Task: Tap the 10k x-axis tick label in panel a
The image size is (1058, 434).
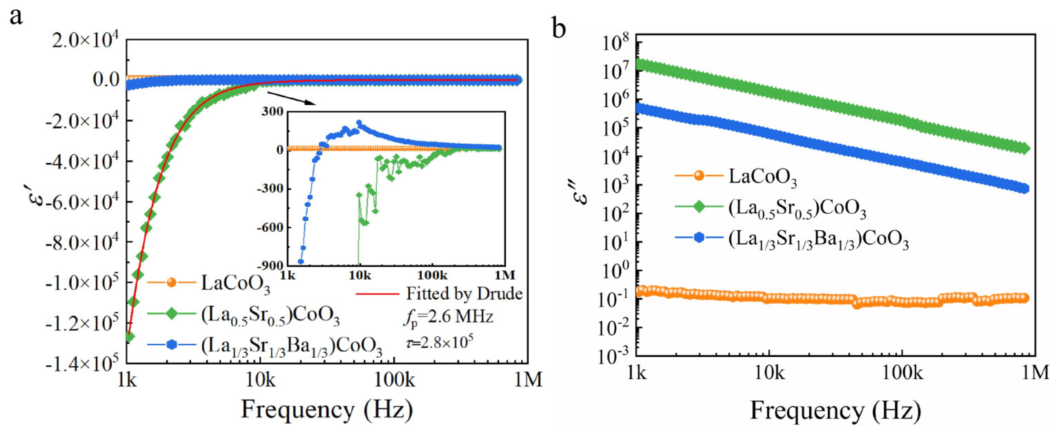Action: pyautogui.click(x=260, y=380)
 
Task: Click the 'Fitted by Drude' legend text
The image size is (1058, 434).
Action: pyautogui.click(x=464, y=293)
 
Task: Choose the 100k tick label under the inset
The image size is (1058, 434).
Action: pyautogui.click(x=432, y=275)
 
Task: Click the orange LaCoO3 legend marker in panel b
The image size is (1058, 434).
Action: pyautogui.click(x=699, y=176)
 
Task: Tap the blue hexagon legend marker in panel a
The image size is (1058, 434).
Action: pyautogui.click(x=172, y=345)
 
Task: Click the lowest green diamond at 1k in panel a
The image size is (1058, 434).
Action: pyautogui.click(x=129, y=337)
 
